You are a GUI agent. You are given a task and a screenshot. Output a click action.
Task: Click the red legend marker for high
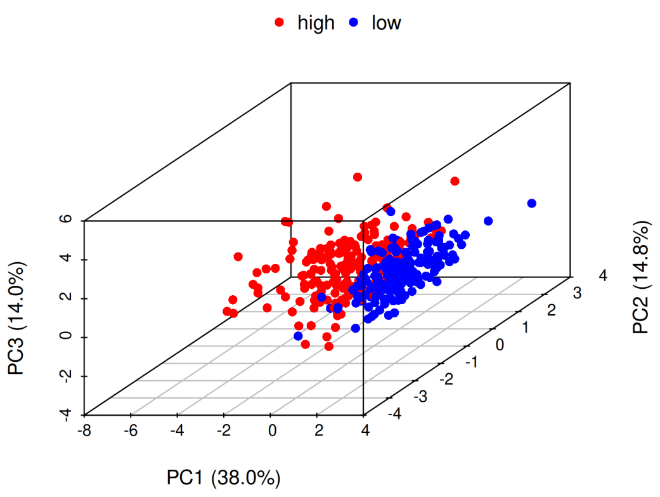279,23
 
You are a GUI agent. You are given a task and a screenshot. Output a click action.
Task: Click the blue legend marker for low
354,23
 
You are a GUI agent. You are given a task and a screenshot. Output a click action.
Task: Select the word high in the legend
316,23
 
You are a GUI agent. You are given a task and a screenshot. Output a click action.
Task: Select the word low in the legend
386,23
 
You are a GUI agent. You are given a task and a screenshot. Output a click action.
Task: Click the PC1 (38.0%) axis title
223,477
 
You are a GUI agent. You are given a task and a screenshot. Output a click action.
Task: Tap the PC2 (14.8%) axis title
641,277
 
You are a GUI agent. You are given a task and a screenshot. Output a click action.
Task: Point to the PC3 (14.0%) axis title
17,317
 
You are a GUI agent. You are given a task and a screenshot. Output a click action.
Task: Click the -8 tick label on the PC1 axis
83,432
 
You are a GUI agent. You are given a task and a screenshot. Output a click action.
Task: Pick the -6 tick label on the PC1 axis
130,432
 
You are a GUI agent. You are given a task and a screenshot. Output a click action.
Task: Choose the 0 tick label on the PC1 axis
271,432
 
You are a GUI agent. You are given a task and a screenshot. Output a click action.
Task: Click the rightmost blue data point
532,203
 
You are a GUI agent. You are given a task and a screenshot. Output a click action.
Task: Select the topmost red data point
358,176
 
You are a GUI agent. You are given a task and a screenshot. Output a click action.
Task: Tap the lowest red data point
328,347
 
